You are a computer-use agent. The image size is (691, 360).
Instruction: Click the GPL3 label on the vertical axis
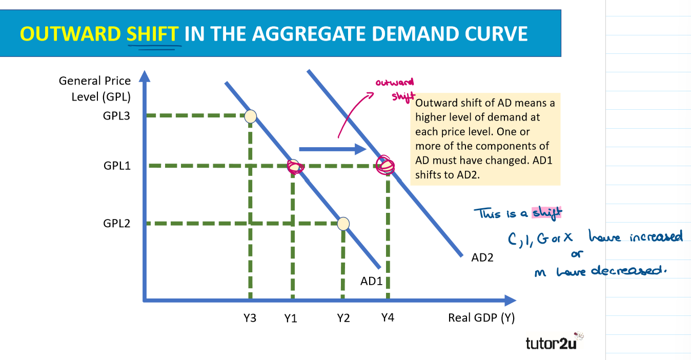[x=116, y=116]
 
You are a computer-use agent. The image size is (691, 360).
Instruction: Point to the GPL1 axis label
[x=116, y=166]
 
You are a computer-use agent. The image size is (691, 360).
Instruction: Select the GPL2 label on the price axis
[x=116, y=224]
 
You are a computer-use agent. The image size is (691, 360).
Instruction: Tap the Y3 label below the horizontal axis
[x=250, y=318]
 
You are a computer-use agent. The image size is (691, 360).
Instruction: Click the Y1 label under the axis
[x=291, y=318]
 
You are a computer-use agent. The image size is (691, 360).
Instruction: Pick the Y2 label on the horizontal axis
[x=343, y=318]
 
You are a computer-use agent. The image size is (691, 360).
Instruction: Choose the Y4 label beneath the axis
[x=388, y=317]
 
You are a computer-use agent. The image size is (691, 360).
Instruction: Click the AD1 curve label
[x=372, y=281]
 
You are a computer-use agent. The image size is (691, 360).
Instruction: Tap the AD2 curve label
[x=482, y=257]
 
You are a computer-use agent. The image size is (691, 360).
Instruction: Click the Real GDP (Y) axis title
[x=481, y=318]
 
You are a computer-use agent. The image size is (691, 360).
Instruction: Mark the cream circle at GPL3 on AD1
[x=250, y=116]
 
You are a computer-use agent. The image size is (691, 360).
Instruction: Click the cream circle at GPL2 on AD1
[x=343, y=224]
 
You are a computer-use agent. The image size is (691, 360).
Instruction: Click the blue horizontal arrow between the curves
[x=331, y=149]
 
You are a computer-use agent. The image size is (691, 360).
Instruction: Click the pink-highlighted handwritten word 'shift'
[x=547, y=213]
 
